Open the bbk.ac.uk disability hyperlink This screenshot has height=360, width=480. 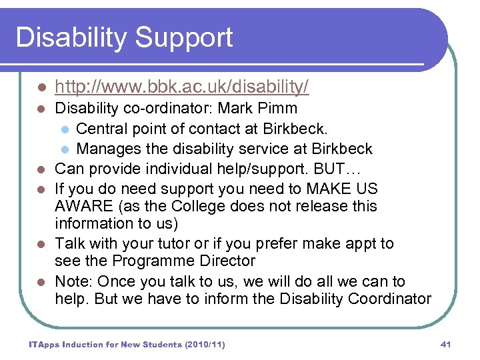click(x=181, y=87)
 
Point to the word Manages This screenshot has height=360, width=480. click(x=109, y=148)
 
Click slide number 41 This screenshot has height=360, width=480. click(x=446, y=344)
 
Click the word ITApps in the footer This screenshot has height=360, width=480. click(x=43, y=344)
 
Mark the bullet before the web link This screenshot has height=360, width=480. click(x=41, y=87)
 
